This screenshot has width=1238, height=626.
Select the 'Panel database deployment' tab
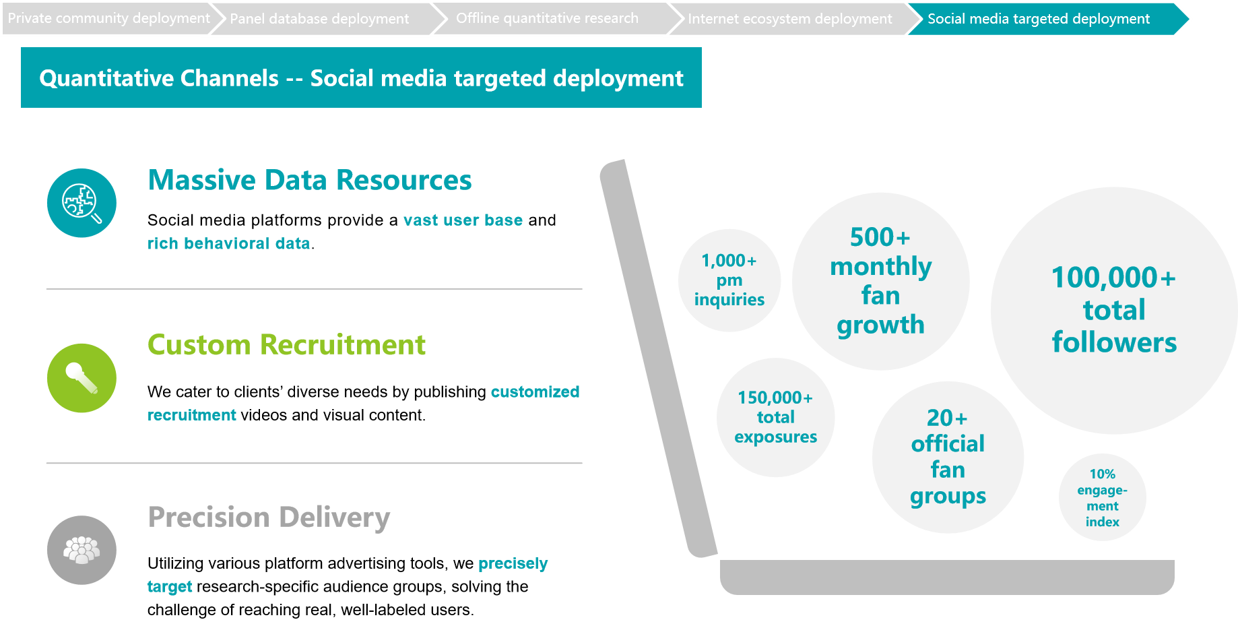click(x=319, y=19)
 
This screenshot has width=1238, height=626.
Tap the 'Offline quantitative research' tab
click(x=547, y=19)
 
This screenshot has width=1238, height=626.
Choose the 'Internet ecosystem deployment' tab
click(x=789, y=19)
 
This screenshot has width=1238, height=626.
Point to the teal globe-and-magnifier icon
click(x=82, y=203)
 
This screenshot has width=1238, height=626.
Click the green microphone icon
click(x=82, y=378)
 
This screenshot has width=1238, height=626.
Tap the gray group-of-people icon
click(x=82, y=550)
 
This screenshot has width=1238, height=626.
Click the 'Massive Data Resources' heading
click(x=310, y=180)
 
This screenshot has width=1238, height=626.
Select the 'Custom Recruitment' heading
click(x=286, y=344)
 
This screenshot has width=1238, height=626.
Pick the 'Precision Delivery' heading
click(x=269, y=518)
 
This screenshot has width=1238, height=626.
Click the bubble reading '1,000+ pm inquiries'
click(x=729, y=280)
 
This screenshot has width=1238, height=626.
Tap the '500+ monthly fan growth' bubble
click(x=880, y=281)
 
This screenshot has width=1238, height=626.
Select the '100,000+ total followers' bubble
click(x=1114, y=310)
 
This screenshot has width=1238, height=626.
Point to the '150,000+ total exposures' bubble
click(x=775, y=417)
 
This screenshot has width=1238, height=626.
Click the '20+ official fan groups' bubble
click(x=948, y=457)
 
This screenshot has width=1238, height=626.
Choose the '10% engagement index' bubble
click(x=1102, y=497)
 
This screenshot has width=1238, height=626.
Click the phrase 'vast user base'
click(x=463, y=220)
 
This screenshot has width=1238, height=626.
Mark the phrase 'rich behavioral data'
click(x=229, y=243)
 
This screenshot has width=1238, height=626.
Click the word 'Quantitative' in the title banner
click(x=159, y=78)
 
